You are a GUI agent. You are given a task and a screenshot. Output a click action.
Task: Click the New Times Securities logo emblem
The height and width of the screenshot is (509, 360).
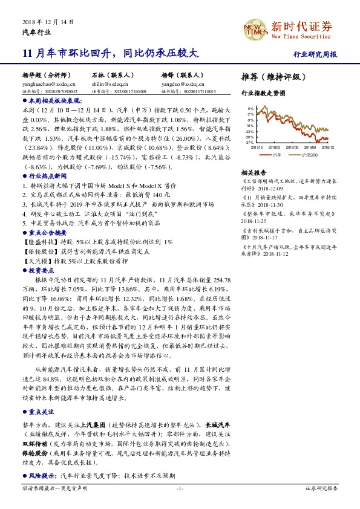click(255, 28)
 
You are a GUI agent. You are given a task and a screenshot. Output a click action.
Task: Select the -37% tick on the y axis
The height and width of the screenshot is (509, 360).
click(249, 143)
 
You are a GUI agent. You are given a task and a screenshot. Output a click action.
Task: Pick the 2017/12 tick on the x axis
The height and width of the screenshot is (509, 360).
click(257, 146)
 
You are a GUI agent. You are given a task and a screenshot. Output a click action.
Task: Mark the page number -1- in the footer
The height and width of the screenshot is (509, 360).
click(180, 488)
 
